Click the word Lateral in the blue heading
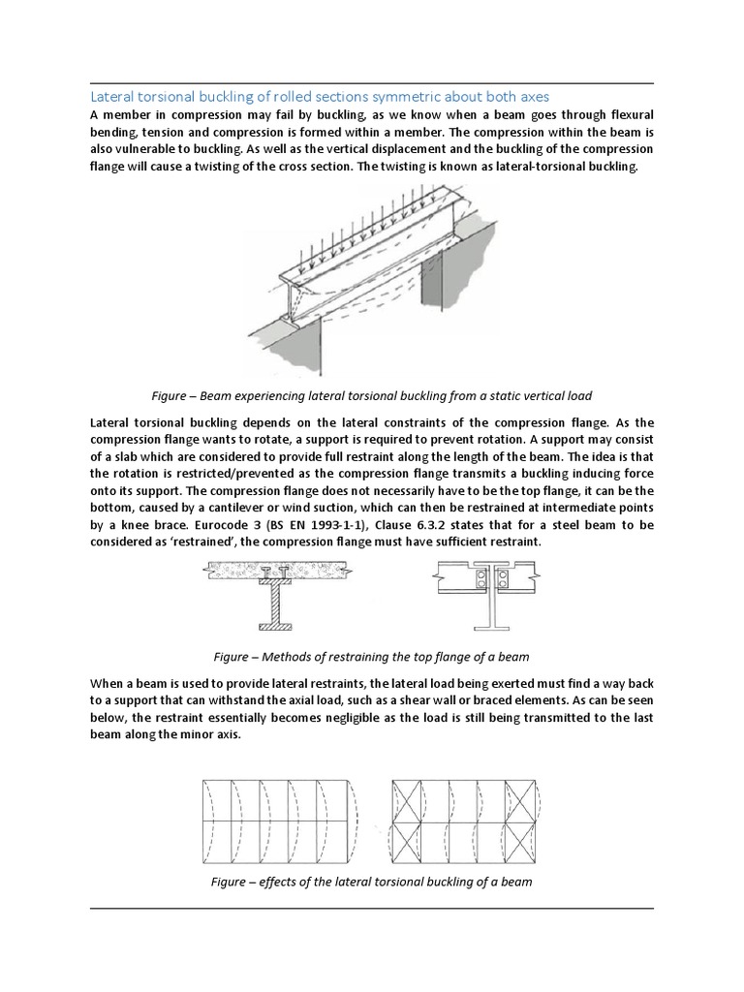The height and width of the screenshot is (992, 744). point(111,97)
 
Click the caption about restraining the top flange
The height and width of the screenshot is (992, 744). point(371,657)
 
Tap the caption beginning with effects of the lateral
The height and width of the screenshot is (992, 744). point(371,882)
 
